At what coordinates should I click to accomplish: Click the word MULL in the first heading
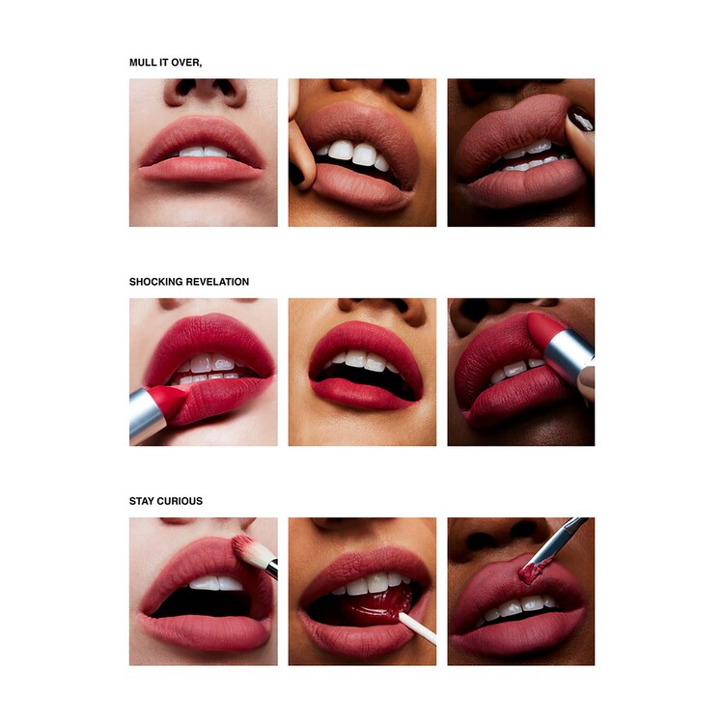[x=143, y=63]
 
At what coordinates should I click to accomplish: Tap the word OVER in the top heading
[x=186, y=63]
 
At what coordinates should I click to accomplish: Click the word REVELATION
[x=218, y=282]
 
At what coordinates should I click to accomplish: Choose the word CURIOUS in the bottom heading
[x=181, y=501]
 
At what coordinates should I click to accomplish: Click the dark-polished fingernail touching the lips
[x=581, y=120]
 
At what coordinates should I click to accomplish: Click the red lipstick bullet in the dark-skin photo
[x=545, y=328]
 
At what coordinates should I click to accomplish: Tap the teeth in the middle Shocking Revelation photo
[x=362, y=359]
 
